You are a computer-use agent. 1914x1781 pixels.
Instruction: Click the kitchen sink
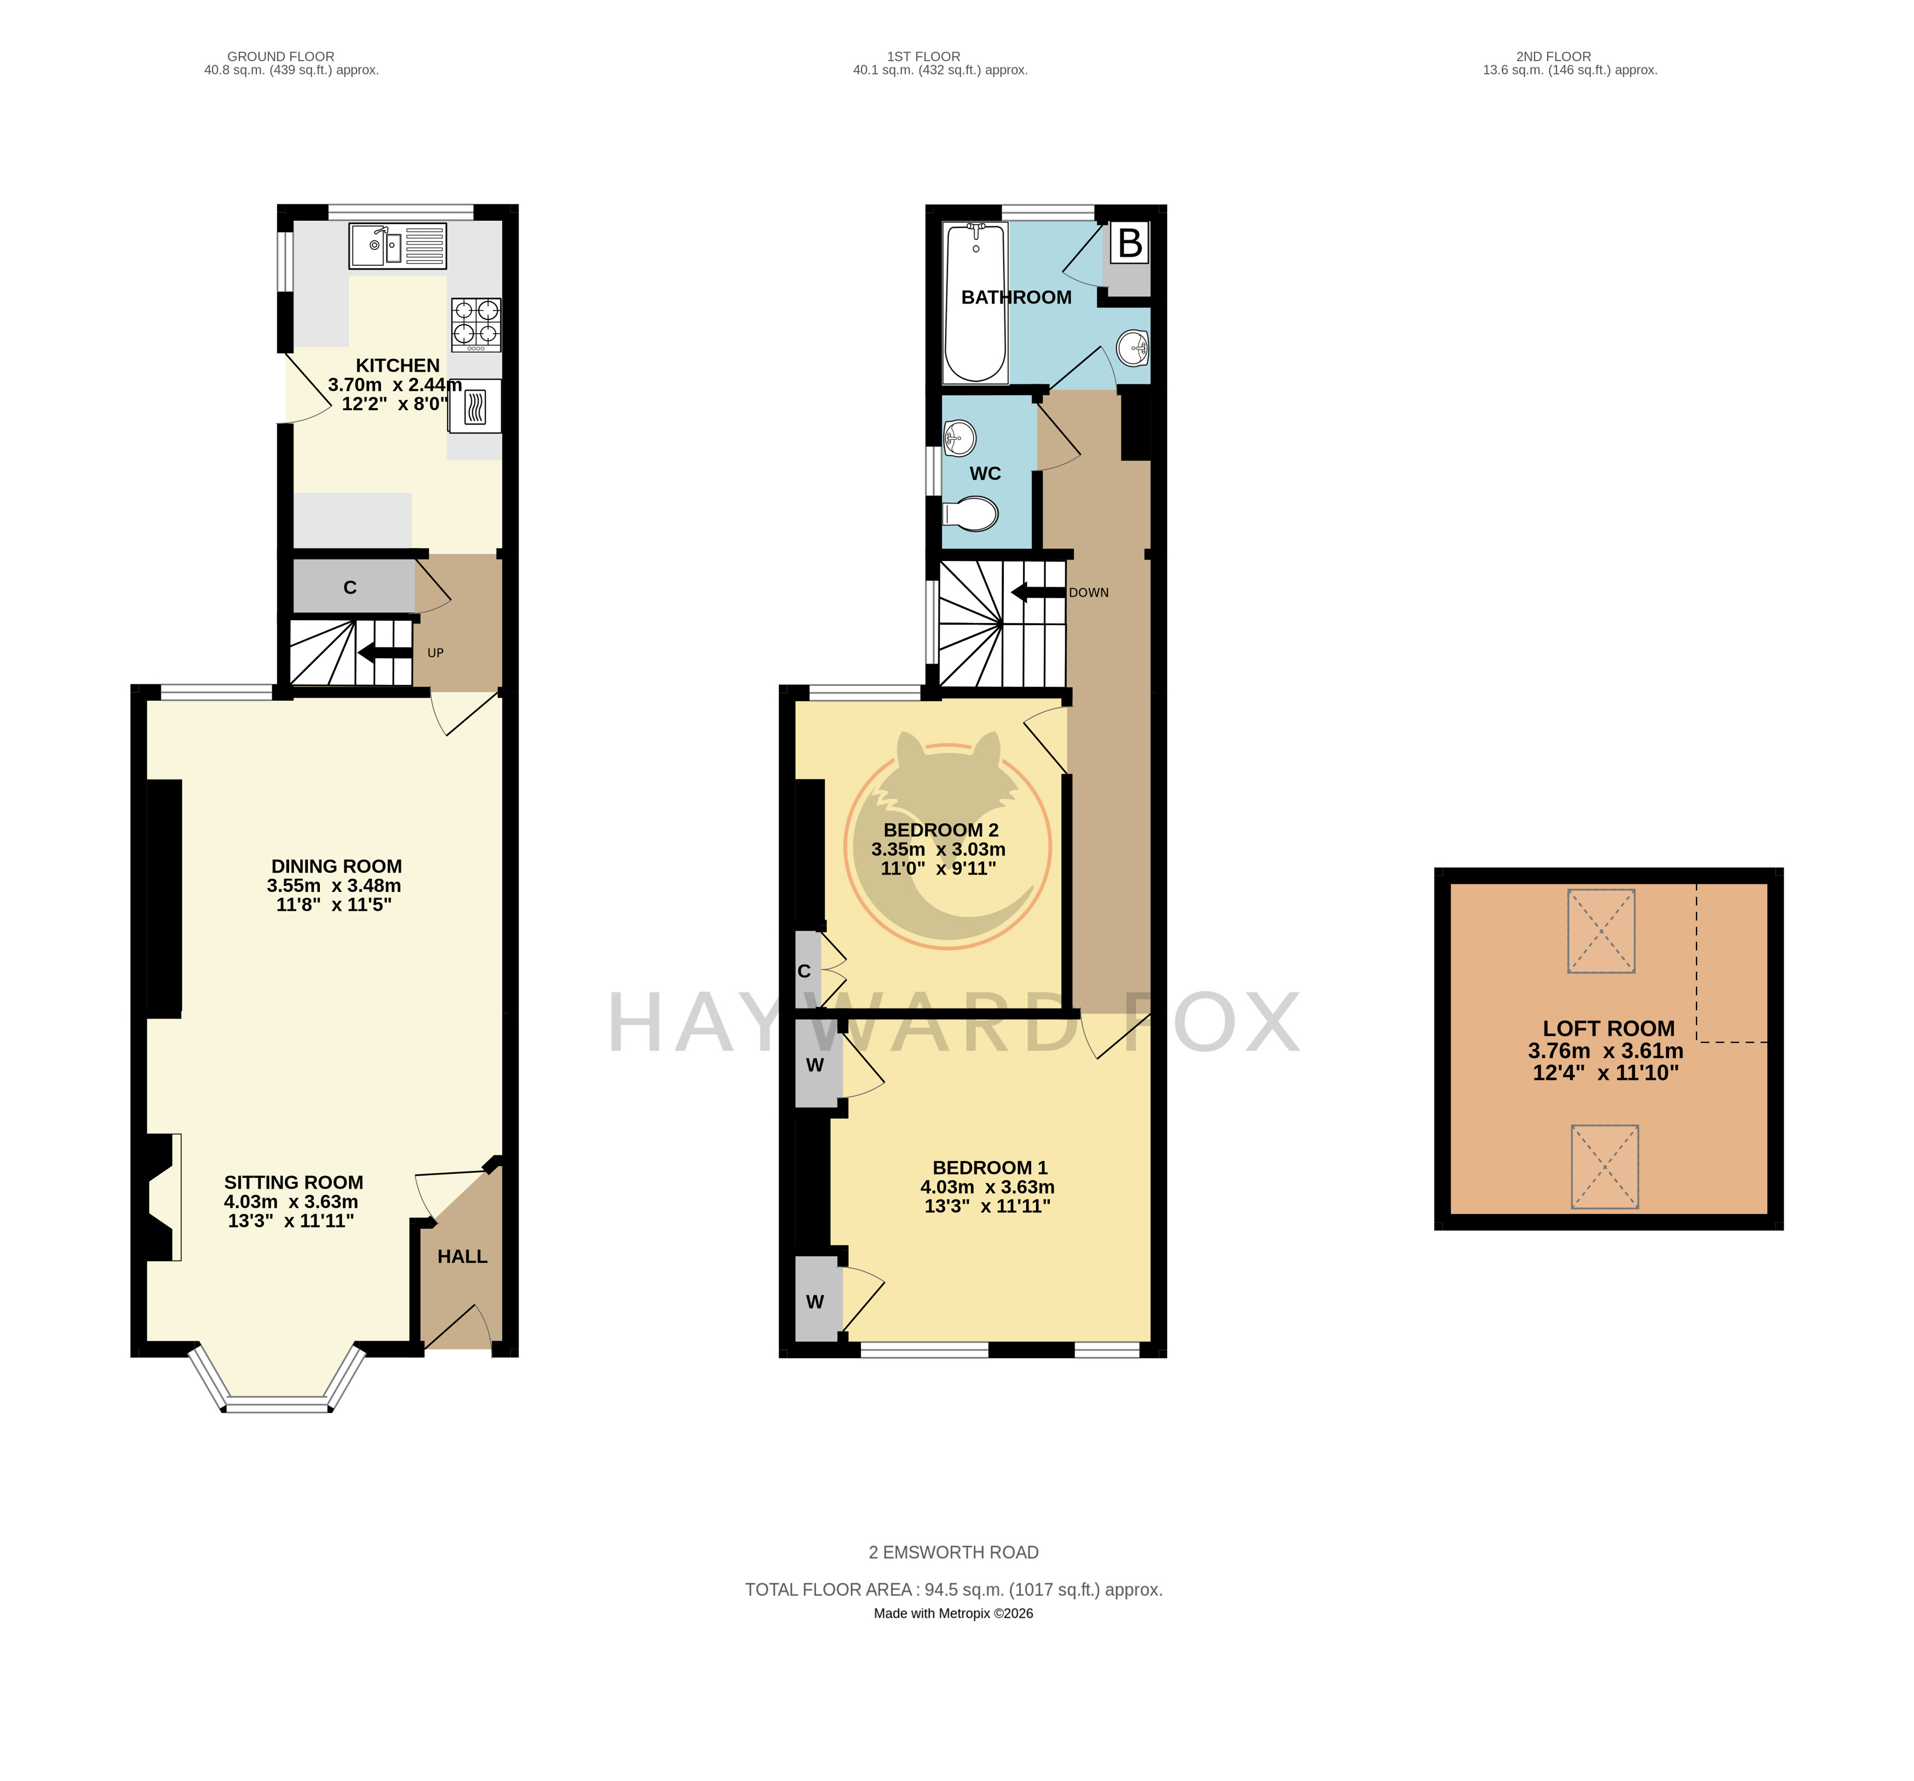point(398,245)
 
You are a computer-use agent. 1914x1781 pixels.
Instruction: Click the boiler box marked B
point(1130,244)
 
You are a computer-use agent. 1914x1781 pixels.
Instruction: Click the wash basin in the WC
point(960,438)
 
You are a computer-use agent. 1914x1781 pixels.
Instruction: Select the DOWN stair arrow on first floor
point(1038,592)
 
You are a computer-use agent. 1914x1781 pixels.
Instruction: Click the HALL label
point(462,1256)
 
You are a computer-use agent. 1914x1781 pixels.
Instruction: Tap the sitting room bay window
point(277,1381)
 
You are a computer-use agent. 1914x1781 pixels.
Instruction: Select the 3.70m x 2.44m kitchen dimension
point(395,385)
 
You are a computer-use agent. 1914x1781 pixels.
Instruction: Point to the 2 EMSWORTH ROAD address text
point(953,1552)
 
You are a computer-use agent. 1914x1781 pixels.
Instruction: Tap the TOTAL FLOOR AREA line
point(953,1589)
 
